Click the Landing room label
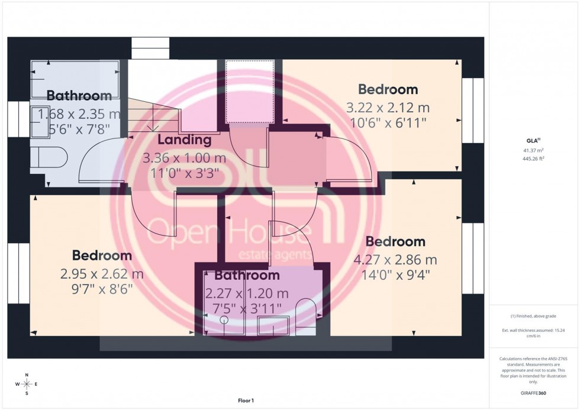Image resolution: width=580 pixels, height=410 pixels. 184,140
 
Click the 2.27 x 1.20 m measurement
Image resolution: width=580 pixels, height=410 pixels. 247,293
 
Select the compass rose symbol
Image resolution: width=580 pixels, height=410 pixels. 27,384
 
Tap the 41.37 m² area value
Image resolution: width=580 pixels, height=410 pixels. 534,150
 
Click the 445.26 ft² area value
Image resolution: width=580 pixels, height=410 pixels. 534,159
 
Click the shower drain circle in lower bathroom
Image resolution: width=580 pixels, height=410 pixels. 224,319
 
